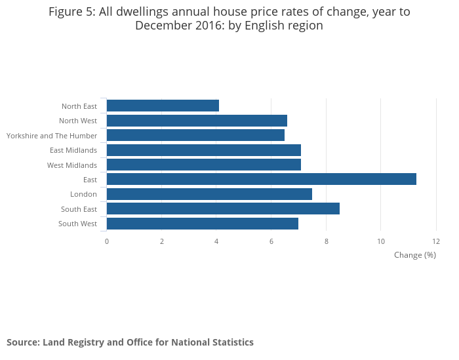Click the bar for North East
point(163,106)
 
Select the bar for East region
point(261,179)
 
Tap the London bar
point(209,194)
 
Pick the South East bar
point(223,209)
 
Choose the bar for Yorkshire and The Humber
point(195,135)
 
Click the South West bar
point(202,224)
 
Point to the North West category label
point(78,121)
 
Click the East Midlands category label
point(73,150)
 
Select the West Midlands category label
point(72,165)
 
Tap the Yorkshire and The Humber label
point(52,136)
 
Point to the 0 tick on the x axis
point(107,241)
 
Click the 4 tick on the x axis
point(216,241)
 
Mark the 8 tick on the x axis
point(326,241)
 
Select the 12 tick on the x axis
point(435,241)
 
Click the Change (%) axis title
point(414,255)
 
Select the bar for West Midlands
point(203,165)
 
